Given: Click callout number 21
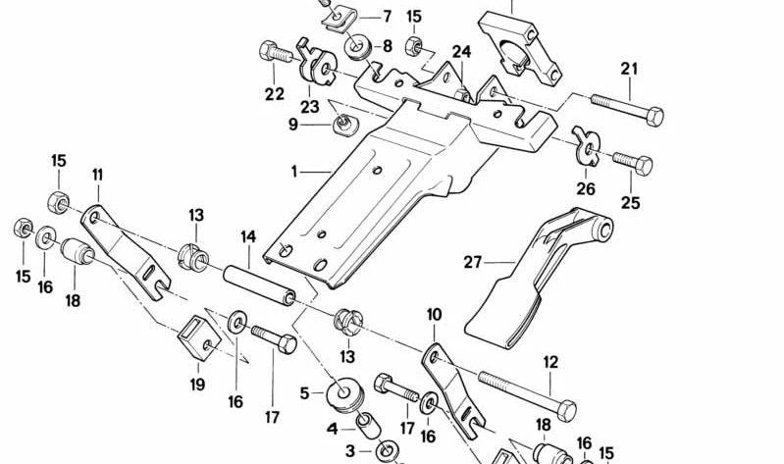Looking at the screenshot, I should pyautogui.click(x=629, y=69).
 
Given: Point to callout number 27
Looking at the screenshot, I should pyautogui.click(x=474, y=261).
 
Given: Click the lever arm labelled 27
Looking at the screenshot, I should pyautogui.click(x=530, y=280).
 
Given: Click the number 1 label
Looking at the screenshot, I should pyautogui.click(x=292, y=171).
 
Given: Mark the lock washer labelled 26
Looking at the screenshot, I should pyautogui.click(x=586, y=147).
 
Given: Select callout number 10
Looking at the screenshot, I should pyautogui.click(x=435, y=315).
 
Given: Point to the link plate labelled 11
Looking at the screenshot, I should pyautogui.click(x=119, y=239).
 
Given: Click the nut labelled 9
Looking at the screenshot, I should pyautogui.click(x=344, y=122).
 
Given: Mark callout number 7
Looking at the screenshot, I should pyautogui.click(x=387, y=16).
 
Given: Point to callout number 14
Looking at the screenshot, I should pyautogui.click(x=247, y=236).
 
